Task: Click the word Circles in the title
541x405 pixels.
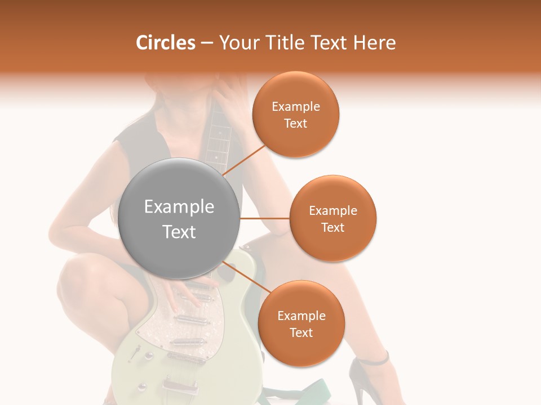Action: coord(166,43)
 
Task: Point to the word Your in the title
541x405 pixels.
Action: coord(239,43)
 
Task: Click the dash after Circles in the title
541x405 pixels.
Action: coord(207,43)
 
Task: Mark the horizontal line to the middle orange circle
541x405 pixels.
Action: coord(265,218)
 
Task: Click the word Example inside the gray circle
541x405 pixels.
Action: coord(179,207)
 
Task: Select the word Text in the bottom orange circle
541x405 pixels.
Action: coord(301,332)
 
